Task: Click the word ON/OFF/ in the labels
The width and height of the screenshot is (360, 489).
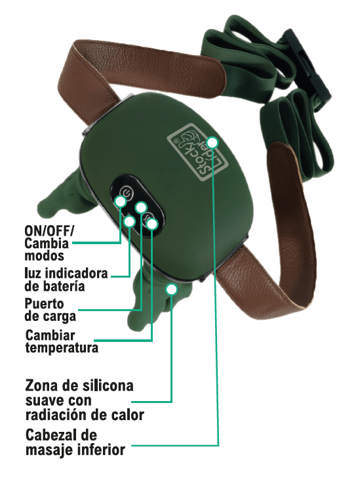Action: point(50,231)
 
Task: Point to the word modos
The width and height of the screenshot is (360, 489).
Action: point(44,255)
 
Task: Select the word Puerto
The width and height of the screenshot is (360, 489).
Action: point(44,303)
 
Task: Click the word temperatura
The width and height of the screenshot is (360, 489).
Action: point(62,347)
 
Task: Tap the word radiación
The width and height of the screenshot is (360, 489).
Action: point(58,415)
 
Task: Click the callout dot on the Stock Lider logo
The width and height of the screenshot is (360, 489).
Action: point(213,142)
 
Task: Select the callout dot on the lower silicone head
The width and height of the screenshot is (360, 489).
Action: point(171,289)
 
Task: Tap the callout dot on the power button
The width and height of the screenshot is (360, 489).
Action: point(120,201)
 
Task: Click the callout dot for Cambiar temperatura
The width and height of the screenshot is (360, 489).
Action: point(152,224)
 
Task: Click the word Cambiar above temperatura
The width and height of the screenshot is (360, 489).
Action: point(50,335)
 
